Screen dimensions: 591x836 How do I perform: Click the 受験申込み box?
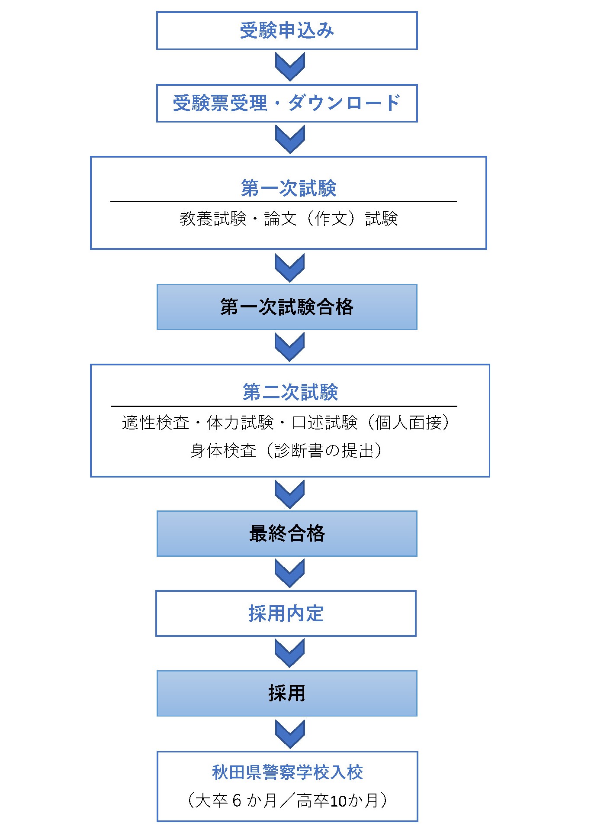(287, 31)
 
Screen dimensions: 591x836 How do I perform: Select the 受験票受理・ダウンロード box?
(287, 103)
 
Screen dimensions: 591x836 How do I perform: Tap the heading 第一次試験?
(289, 188)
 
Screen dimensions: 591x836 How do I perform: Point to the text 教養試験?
(213, 219)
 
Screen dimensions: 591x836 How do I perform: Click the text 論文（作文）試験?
(331, 219)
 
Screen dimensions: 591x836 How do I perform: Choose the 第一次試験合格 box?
(287, 307)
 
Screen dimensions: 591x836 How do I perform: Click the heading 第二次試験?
(290, 392)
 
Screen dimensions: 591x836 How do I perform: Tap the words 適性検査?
(156, 423)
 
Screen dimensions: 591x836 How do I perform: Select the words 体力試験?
(241, 423)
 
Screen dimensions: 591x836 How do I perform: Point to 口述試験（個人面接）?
(371, 423)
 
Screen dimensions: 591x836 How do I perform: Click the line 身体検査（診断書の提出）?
(286, 451)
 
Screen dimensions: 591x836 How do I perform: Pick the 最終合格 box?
(287, 533)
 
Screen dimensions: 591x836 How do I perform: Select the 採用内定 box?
(286, 613)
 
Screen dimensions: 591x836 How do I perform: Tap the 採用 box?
(287, 693)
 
